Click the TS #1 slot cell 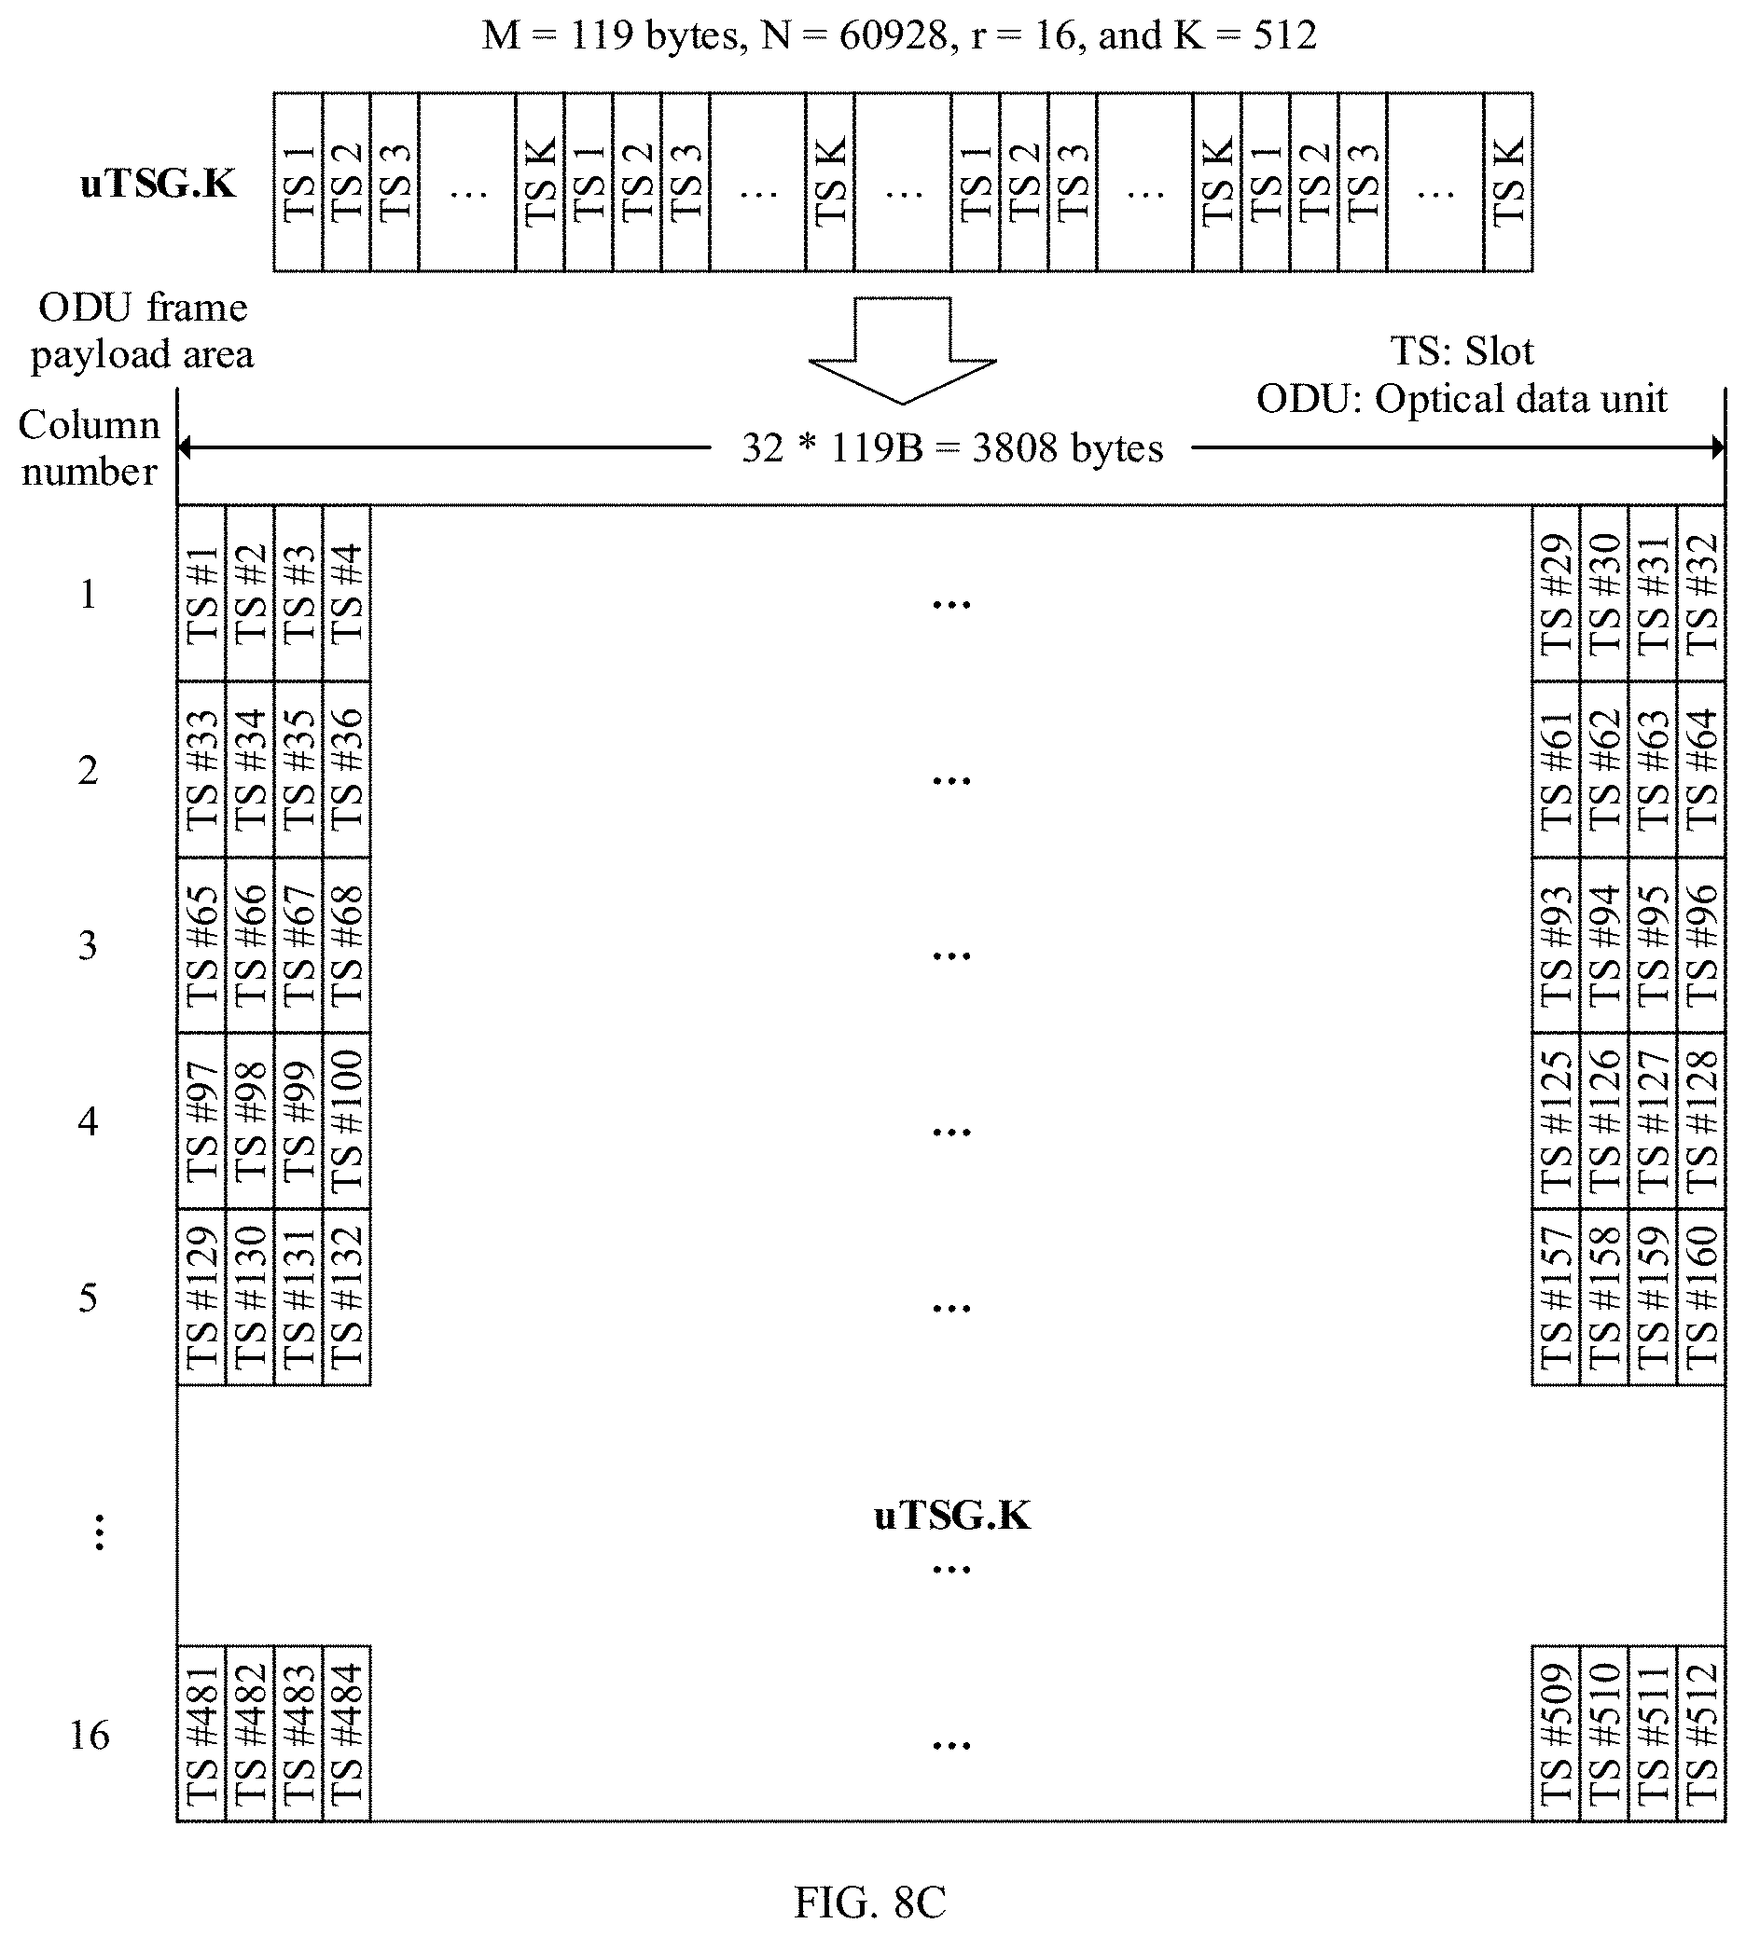coord(201,594)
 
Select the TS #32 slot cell coord(1701,594)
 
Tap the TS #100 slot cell coord(346,1121)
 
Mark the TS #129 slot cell coord(201,1298)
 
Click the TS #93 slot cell coord(1556,945)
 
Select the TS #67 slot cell coord(298,945)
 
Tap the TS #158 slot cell coord(1604,1298)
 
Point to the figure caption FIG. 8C coord(870,1903)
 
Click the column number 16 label coord(90,1735)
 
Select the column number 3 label coord(88,945)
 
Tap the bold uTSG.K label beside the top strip coord(158,183)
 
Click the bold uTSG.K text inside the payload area coord(951,1516)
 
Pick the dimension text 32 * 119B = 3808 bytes coord(951,447)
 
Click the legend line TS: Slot coord(1462,351)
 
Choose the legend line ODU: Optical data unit coord(1462,399)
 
